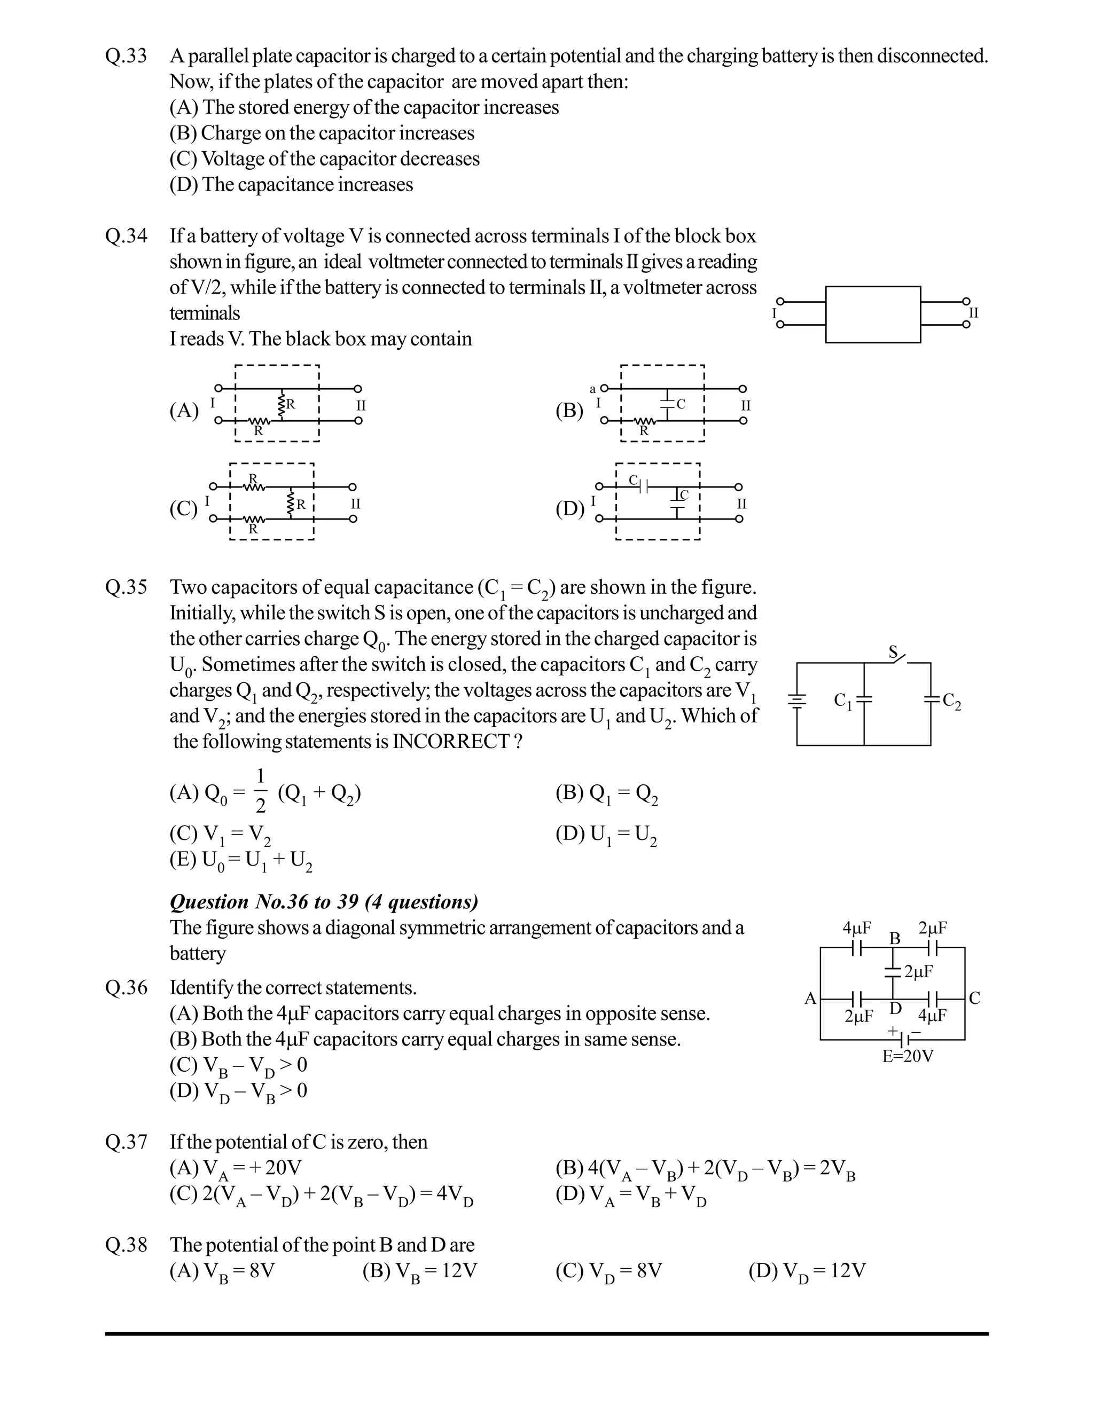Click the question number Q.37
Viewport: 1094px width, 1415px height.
pyautogui.click(x=127, y=1142)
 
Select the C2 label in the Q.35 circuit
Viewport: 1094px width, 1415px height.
pyautogui.click(x=951, y=702)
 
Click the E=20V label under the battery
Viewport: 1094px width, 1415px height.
pyautogui.click(x=908, y=1057)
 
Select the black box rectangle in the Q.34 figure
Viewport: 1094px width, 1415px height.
pyautogui.click(x=872, y=314)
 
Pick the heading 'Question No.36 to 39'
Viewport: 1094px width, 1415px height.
pyautogui.click(x=324, y=902)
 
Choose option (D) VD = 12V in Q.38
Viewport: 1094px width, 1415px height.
pyautogui.click(x=807, y=1271)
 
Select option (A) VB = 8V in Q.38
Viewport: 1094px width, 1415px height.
pyautogui.click(x=222, y=1271)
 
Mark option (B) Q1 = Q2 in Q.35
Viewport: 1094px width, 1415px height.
pyautogui.click(x=607, y=793)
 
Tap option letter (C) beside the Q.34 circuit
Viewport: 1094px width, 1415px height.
pyautogui.click(x=183, y=508)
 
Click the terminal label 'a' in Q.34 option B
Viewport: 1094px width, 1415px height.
pyautogui.click(x=592, y=389)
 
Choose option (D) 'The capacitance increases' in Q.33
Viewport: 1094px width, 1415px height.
pyautogui.click(x=291, y=185)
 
